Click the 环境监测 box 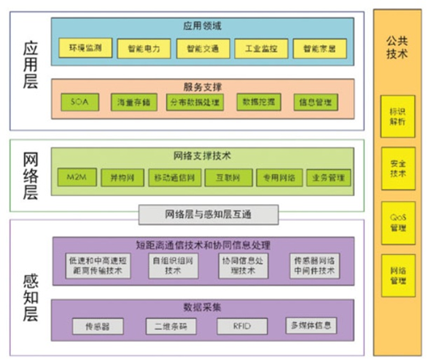point(85,49)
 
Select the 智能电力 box point(143,49)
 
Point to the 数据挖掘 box point(258,102)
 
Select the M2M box point(76,177)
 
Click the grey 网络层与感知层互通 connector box point(209,214)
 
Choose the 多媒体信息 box point(313,325)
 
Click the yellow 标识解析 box point(398,116)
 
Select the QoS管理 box point(398,222)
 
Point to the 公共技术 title point(397,47)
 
